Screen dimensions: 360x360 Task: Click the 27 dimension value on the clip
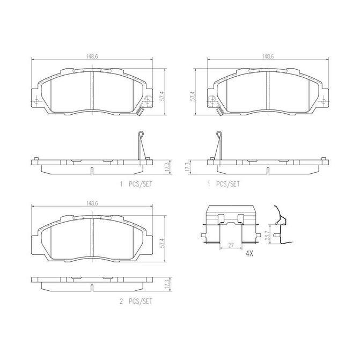tap(231, 245)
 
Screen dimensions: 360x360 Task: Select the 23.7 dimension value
tap(267, 234)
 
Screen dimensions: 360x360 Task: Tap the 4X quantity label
tap(249, 254)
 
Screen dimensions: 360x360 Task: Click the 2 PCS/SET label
tap(136, 301)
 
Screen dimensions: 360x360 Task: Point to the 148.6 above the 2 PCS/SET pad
tap(92, 203)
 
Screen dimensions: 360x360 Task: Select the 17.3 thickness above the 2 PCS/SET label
tap(168, 284)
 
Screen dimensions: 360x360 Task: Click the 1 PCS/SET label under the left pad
tap(136, 184)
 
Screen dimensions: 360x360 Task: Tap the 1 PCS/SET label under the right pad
tap(223, 184)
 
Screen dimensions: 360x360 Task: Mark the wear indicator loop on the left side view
tap(141, 134)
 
